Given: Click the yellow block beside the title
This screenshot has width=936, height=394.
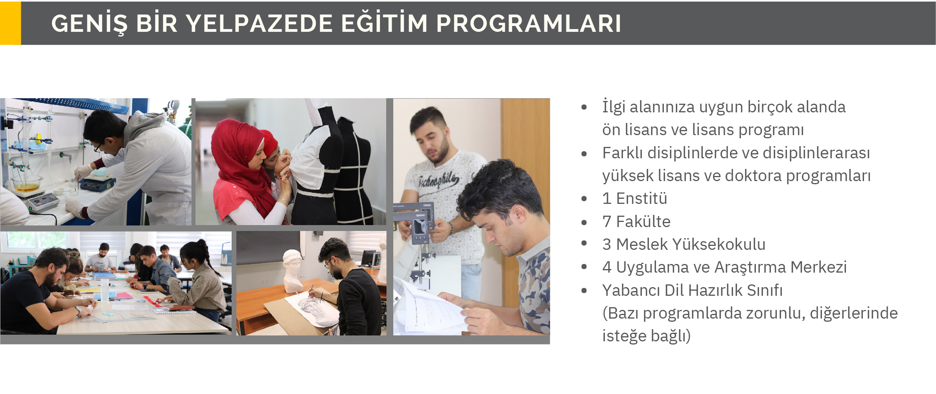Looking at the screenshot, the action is [10, 23].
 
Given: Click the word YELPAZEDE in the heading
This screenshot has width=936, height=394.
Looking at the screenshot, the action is [259, 23].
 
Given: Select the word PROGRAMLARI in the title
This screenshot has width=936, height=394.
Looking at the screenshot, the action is [529, 23].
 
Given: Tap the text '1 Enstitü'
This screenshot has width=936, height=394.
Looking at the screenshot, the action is [634, 198].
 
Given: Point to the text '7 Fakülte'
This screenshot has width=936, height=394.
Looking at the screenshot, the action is [636, 222].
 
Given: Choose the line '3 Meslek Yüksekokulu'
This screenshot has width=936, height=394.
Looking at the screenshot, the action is [684, 244].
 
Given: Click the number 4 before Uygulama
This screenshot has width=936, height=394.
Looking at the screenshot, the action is [607, 268].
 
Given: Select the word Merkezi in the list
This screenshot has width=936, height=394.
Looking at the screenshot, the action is [818, 267].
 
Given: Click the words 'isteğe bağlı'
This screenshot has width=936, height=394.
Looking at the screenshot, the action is [646, 336].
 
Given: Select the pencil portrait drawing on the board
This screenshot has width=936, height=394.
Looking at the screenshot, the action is [315, 310].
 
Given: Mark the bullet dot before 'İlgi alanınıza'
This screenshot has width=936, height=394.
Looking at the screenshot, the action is [584, 107].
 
